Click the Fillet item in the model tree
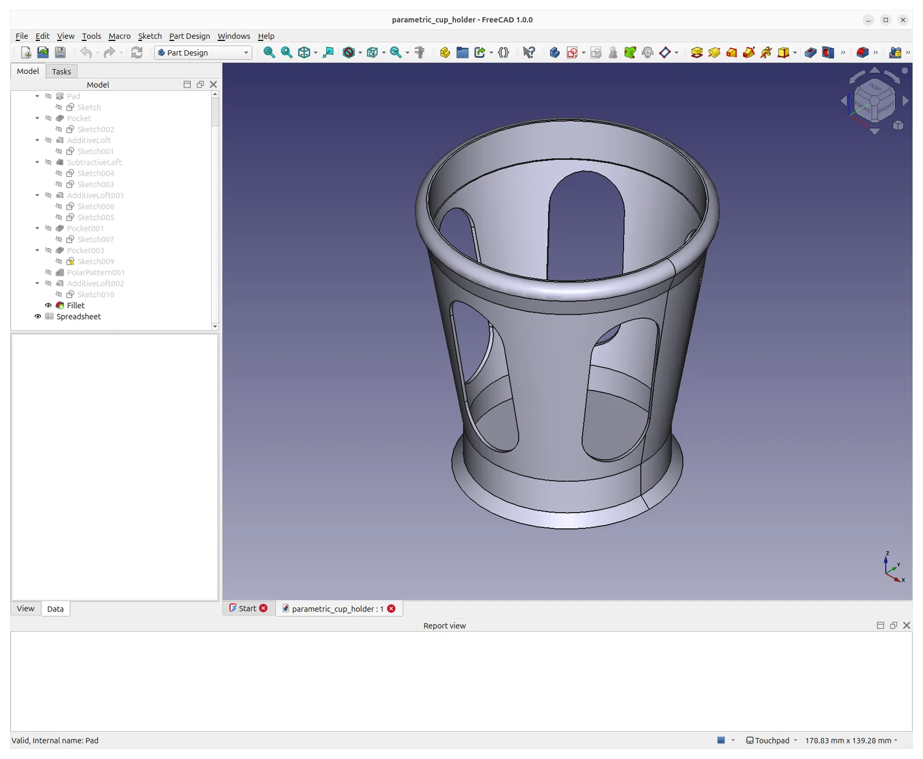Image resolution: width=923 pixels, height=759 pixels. click(x=75, y=305)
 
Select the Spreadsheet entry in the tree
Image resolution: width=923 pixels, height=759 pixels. click(x=78, y=316)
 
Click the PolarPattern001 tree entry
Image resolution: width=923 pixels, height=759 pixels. click(x=95, y=272)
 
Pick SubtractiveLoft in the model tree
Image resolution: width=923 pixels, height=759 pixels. click(x=94, y=162)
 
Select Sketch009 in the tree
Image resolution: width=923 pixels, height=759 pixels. click(x=95, y=261)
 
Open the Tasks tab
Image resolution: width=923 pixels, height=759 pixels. click(x=61, y=72)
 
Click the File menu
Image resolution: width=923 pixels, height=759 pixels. click(x=21, y=36)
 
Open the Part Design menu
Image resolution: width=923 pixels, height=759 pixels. click(x=189, y=36)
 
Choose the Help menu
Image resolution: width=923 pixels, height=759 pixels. click(x=266, y=36)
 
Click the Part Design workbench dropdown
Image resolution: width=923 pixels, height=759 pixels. click(x=203, y=52)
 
